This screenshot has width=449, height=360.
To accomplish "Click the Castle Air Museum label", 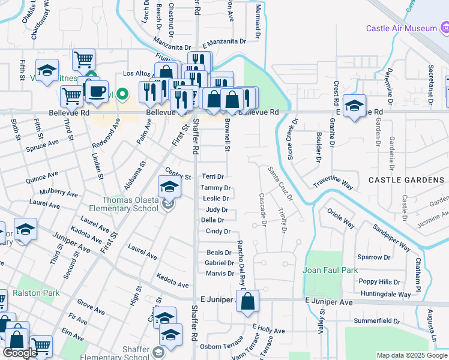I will coord(402,29).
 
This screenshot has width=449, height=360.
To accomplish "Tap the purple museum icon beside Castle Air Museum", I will coord(445,28).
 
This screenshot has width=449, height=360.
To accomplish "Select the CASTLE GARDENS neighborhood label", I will coord(406,180).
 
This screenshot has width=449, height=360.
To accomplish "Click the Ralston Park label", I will coord(39,293).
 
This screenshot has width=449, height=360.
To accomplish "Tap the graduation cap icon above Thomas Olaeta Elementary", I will coord(170,187).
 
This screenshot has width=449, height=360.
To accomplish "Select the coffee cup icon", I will coord(96,91).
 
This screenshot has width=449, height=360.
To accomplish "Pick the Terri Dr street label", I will coord(212,177).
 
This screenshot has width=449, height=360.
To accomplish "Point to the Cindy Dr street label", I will coord(214,231).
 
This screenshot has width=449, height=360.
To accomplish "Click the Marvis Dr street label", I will coord(219,274).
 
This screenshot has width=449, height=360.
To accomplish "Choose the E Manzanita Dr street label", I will coord(224,42).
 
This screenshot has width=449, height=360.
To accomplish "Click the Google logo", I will coord(20,353).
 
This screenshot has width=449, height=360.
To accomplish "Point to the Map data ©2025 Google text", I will coord(411,355).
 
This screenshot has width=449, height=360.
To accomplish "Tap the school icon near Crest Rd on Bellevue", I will coord(354,107).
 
